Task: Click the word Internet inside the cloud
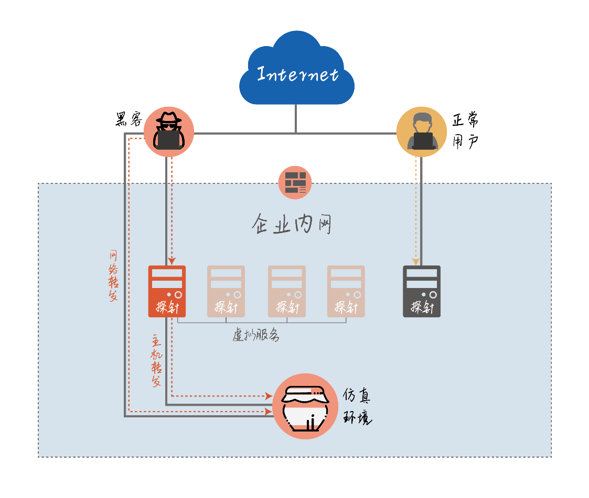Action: (x=297, y=74)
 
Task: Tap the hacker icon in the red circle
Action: (x=168, y=132)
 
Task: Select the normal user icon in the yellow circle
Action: (x=422, y=132)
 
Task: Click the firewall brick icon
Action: (x=295, y=183)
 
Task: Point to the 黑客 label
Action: (x=128, y=120)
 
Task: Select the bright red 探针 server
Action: (x=167, y=291)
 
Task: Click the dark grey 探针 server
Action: (x=422, y=291)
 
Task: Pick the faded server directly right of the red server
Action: (x=226, y=291)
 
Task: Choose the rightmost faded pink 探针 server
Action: (x=346, y=291)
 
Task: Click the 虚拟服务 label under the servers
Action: (x=255, y=336)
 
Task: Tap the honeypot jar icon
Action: (x=305, y=406)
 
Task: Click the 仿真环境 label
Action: (x=357, y=407)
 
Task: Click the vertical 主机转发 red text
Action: (x=156, y=361)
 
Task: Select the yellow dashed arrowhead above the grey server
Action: (x=416, y=261)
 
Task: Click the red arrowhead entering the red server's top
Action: (x=172, y=261)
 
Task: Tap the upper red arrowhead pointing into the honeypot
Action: (x=268, y=396)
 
